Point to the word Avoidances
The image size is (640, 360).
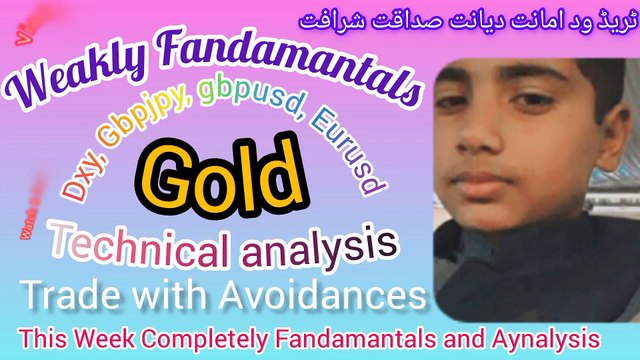click(x=324, y=296)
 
